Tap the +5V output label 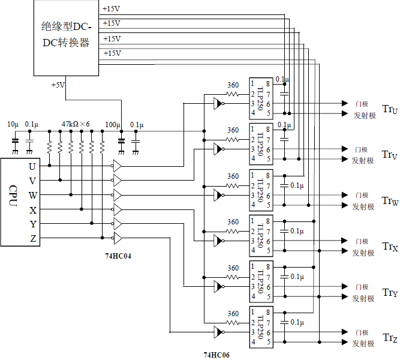[x=58, y=85]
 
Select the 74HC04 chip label [x=118, y=256]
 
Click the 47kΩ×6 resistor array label [x=76, y=124]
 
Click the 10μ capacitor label [x=13, y=124]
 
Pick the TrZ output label [x=390, y=338]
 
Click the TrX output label [x=390, y=246]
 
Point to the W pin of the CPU [x=32, y=195]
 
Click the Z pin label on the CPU [x=32, y=239]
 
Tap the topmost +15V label [x=112, y=9]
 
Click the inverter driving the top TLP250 [x=218, y=103]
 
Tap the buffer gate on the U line [x=118, y=165]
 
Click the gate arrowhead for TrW [x=345, y=195]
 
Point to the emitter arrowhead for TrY [x=345, y=296]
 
